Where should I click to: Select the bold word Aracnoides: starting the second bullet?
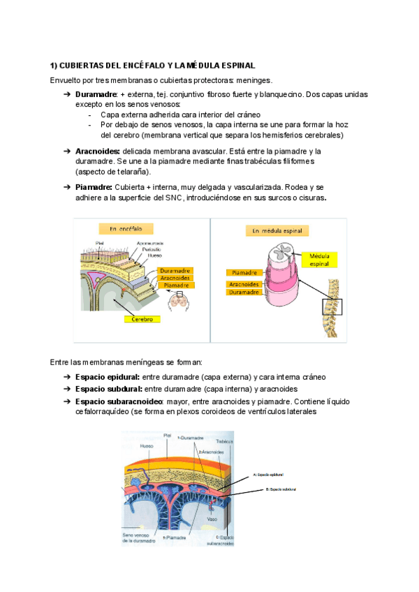click(97, 151)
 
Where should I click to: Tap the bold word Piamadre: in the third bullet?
click(94, 187)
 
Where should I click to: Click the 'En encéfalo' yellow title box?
click(126, 228)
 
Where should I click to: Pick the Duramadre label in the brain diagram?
click(175, 270)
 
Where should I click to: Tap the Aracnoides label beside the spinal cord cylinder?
click(244, 284)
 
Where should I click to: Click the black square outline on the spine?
click(332, 307)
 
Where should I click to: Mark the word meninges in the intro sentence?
click(255, 80)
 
